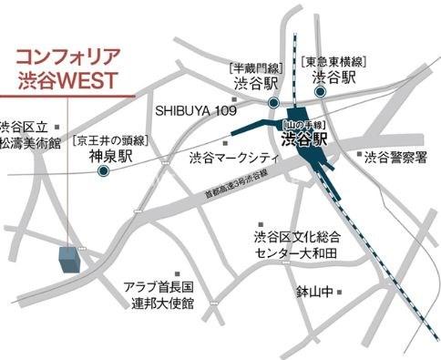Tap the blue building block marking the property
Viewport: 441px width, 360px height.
point(68,259)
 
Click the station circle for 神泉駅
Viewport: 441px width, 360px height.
point(103,170)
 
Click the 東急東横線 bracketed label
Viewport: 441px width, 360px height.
point(334,60)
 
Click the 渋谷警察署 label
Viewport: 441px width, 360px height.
point(395,158)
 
